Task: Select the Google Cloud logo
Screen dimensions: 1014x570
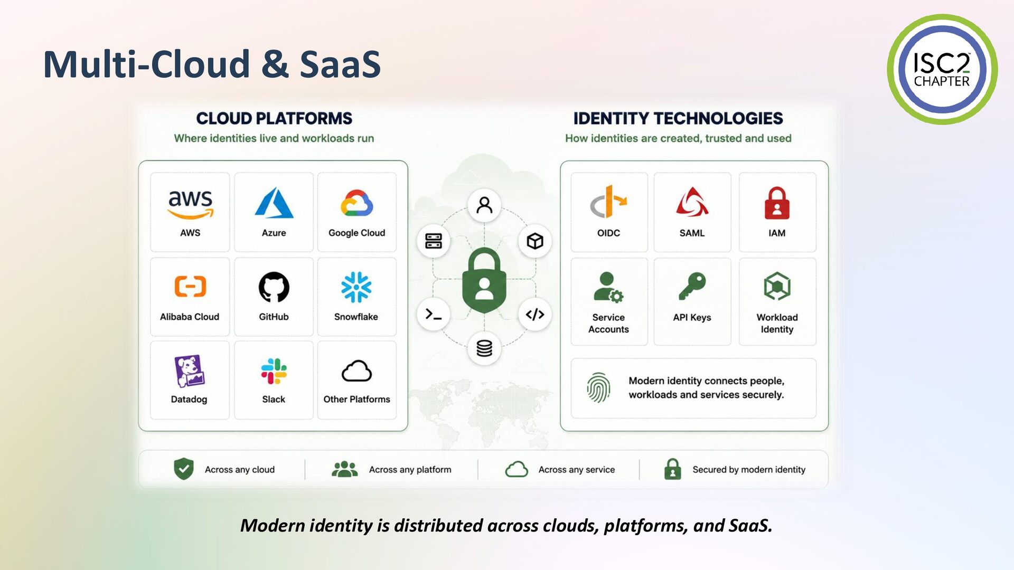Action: pyautogui.click(x=357, y=203)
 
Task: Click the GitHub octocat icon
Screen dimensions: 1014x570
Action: pyautogui.click(x=274, y=287)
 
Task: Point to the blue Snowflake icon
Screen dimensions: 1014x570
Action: pyautogui.click(x=356, y=287)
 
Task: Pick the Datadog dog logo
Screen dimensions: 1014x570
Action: pyautogui.click(x=189, y=371)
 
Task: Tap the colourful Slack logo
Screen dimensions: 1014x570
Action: pyautogui.click(x=274, y=371)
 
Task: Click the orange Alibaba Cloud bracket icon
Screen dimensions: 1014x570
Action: pyautogui.click(x=190, y=286)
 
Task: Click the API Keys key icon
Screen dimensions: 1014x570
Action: pyautogui.click(x=692, y=286)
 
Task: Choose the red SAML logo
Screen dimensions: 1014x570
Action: pyautogui.click(x=692, y=203)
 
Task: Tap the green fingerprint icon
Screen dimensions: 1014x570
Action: pyautogui.click(x=598, y=388)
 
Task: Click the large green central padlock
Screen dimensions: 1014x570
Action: pyautogui.click(x=484, y=281)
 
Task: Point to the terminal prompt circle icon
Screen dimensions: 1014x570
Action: pyautogui.click(x=434, y=315)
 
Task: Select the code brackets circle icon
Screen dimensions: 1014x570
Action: pyautogui.click(x=535, y=315)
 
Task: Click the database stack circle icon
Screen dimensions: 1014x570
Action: pyautogui.click(x=484, y=348)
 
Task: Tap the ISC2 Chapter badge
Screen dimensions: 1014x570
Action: pyautogui.click(x=942, y=69)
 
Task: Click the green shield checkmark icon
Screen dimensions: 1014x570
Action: pyautogui.click(x=184, y=469)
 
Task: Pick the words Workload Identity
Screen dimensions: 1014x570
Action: pyautogui.click(x=777, y=323)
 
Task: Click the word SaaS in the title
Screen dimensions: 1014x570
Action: pyautogui.click(x=340, y=64)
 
